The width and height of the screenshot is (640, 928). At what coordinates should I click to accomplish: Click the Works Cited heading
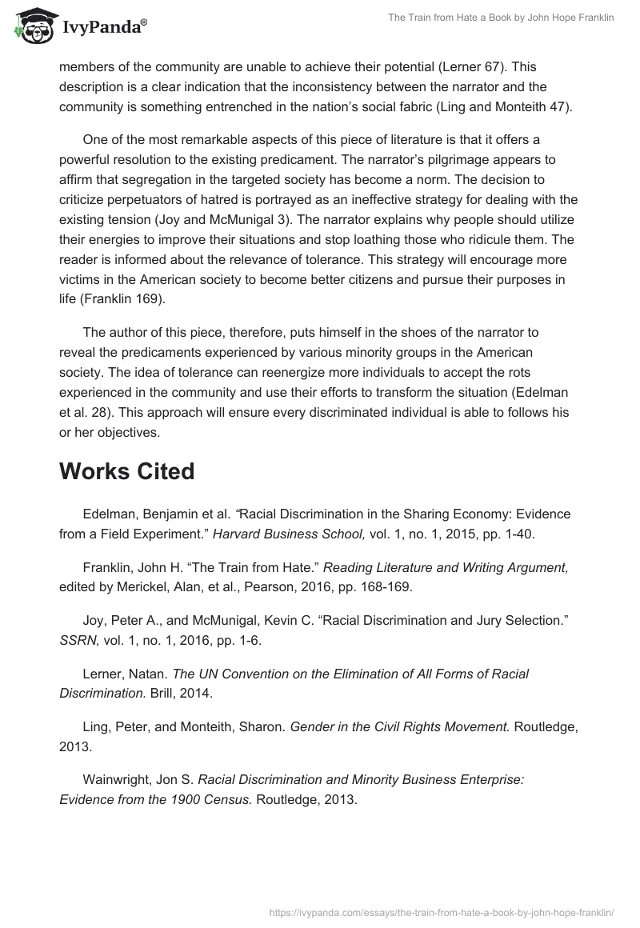click(x=126, y=471)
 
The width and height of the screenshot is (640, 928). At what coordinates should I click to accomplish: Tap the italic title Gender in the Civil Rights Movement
click(x=398, y=726)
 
